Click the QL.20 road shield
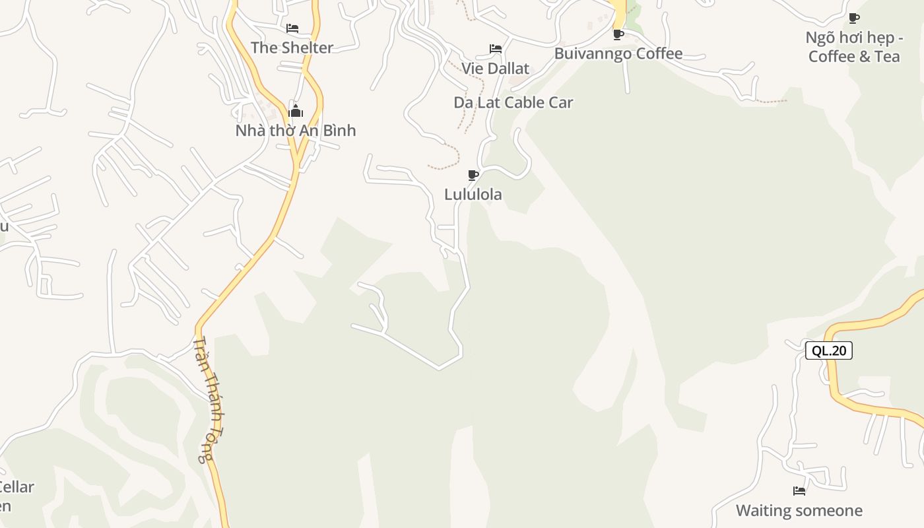coord(829,350)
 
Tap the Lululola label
coord(473,195)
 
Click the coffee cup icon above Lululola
coord(473,175)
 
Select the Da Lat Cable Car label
coord(513,102)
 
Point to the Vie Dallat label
coord(495,69)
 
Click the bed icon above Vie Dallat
coord(495,49)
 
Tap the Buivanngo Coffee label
coord(618,53)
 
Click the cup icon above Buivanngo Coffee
coord(618,34)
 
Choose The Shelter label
coord(292,48)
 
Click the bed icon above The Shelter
coord(292,28)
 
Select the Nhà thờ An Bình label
coord(295,131)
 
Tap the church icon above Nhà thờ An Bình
coord(295,111)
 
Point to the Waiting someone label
coord(799,511)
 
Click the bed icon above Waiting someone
coord(799,491)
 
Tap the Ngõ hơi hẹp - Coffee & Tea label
coord(853,47)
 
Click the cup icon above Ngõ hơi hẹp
coord(853,18)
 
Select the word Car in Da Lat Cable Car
coord(560,102)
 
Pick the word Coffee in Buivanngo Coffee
coord(659,53)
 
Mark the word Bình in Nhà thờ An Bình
coord(338,131)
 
